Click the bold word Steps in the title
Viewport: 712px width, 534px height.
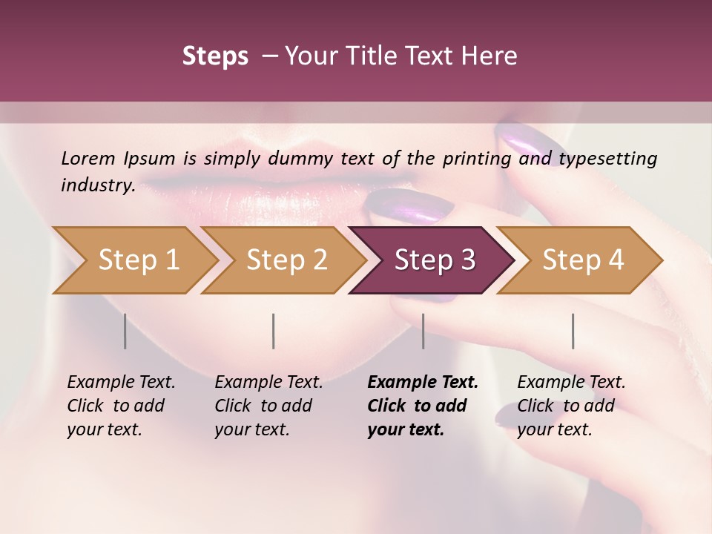click(x=215, y=56)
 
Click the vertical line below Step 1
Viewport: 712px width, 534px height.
click(x=125, y=331)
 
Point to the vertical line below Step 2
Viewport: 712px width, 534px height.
click(x=274, y=331)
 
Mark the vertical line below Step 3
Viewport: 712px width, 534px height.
click(x=423, y=331)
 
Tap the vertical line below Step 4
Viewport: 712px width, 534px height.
click(x=573, y=331)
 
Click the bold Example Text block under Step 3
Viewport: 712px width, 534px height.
click(x=423, y=406)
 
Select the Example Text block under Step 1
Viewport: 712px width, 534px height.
click(x=121, y=406)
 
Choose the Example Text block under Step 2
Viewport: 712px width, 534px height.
click(x=268, y=406)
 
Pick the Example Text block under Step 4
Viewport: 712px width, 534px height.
click(x=571, y=406)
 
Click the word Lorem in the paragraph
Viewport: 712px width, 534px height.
click(x=88, y=158)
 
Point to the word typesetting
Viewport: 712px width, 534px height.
click(x=605, y=158)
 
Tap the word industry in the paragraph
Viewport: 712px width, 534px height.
click(x=97, y=185)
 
